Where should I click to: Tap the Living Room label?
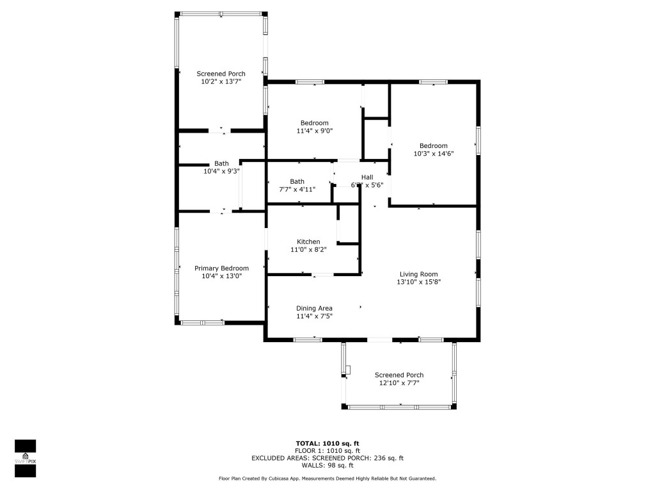point(419,274)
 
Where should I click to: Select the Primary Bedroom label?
point(221,268)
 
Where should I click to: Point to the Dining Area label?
point(314,308)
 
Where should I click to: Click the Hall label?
point(367,177)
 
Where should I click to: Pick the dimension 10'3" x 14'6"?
point(434,153)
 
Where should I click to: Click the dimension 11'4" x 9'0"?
point(315,131)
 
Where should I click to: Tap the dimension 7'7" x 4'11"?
point(297,189)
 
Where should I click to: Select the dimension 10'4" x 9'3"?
point(221,171)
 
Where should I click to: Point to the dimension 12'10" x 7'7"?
point(399,383)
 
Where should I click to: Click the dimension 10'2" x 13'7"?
point(221,81)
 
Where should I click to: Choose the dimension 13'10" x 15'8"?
point(419,282)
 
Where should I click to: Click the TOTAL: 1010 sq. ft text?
point(327,443)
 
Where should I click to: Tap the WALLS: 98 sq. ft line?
point(327,466)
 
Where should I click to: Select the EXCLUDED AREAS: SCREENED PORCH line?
point(327,458)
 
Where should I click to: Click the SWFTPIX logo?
point(25,458)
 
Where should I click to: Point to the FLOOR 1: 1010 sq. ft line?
point(327,451)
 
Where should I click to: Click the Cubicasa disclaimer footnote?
point(327,479)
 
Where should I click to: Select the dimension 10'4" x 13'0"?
point(221,276)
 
